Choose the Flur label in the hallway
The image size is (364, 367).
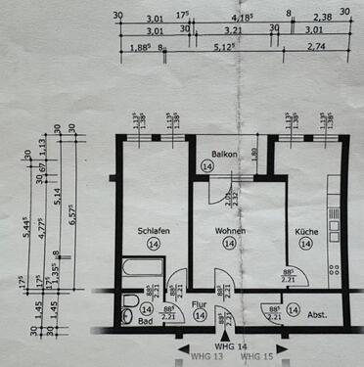pos(199,303)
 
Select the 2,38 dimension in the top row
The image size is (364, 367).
pos(321,17)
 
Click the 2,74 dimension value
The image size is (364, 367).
pos(321,46)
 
